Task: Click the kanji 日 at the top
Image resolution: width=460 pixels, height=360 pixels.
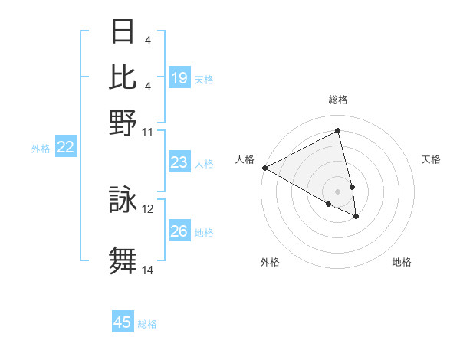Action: pyautogui.click(x=123, y=32)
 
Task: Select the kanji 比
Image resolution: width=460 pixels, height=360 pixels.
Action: pyautogui.click(x=123, y=77)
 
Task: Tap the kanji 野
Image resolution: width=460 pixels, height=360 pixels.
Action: pyautogui.click(x=123, y=123)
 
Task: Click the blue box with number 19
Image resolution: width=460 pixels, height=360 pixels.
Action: pyautogui.click(x=179, y=78)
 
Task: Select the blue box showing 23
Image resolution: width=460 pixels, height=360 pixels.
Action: pyautogui.click(x=179, y=162)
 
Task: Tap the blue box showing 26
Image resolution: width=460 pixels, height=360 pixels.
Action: pyautogui.click(x=179, y=231)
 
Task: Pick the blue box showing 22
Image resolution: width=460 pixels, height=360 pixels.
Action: pyautogui.click(x=65, y=147)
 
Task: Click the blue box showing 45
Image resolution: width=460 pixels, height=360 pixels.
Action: pyautogui.click(x=123, y=322)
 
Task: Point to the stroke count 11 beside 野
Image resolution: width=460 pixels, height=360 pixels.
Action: pyautogui.click(x=148, y=132)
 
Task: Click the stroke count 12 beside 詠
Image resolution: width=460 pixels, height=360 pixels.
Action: pyautogui.click(x=148, y=208)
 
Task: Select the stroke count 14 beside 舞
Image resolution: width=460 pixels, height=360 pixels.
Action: pyautogui.click(x=148, y=270)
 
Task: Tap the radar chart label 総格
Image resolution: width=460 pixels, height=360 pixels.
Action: pyautogui.click(x=338, y=100)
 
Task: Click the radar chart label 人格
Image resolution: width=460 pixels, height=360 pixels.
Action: pyautogui.click(x=245, y=159)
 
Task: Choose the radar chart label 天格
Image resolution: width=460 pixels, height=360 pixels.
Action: pyautogui.click(x=432, y=159)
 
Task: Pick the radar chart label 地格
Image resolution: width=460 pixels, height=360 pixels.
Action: pyautogui.click(x=402, y=262)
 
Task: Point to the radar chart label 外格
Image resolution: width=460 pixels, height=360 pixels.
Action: pyautogui.click(x=270, y=262)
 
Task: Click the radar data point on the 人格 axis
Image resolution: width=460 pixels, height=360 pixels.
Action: pyautogui.click(x=264, y=168)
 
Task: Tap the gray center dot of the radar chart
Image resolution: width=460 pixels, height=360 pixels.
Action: pyautogui.click(x=338, y=191)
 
